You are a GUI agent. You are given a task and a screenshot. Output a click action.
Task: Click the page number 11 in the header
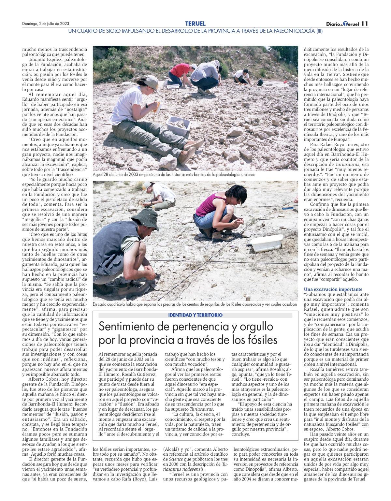[364, 24]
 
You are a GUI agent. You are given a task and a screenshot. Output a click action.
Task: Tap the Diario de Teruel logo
[342, 24]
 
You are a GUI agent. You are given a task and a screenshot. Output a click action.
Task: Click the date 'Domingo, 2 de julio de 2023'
[46, 24]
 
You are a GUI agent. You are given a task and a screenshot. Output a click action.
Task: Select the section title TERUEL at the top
[195, 23]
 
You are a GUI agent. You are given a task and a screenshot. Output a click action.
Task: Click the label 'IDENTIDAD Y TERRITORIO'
[195, 315]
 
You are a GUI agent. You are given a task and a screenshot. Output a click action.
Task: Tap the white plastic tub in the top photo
[179, 125]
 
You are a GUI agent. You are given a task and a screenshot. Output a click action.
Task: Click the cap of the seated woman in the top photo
[152, 81]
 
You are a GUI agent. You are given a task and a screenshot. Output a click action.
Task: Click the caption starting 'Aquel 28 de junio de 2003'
[174, 175]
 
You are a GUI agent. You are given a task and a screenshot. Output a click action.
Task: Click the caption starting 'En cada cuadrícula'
[195, 304]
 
